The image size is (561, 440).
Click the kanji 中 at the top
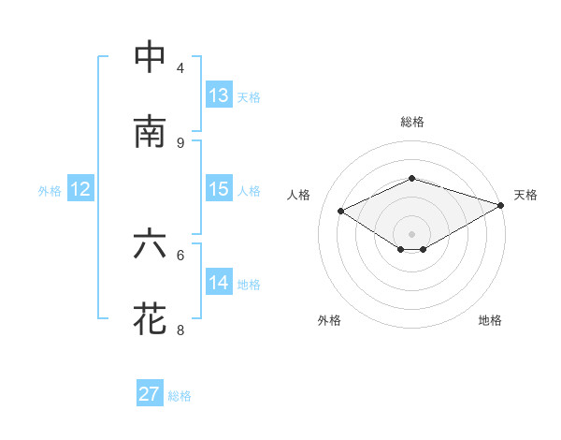pos(151,58)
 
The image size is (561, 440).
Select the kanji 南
pos(151,132)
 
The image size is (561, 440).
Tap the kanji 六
pos(151,244)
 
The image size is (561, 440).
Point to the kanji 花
pos(151,318)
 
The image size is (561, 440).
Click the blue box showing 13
pos(219,95)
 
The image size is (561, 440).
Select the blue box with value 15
pos(219,189)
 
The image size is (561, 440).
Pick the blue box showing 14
pos(219,283)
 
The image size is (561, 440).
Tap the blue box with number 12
pos(79,189)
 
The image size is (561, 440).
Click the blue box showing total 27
pos(150,394)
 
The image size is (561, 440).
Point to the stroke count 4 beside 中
pos(180,68)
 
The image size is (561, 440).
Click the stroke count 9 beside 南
pos(180,142)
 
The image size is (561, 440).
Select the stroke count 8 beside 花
pos(180,330)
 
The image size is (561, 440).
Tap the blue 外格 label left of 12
pos(50,190)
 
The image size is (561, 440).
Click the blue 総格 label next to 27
pos(180,396)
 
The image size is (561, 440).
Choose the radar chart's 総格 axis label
pos(411,122)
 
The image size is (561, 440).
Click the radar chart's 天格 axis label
pos(525,195)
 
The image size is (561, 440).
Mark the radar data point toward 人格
pos(341,212)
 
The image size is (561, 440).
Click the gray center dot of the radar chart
pos(411,232)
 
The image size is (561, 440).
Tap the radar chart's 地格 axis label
pos(490,320)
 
